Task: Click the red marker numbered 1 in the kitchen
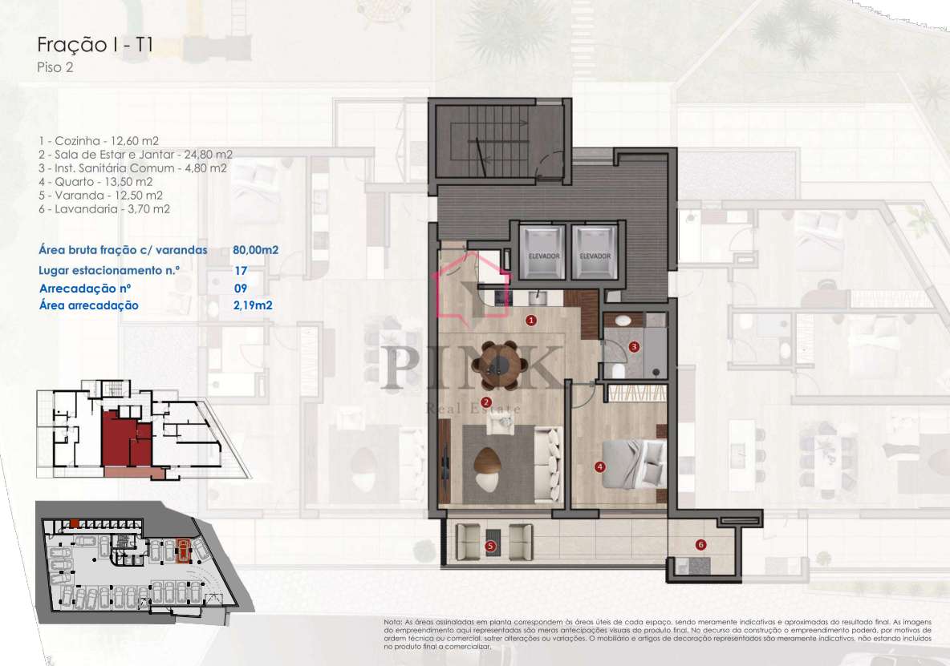click(x=530, y=320)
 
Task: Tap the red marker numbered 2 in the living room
click(x=485, y=402)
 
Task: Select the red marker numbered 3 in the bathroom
click(x=634, y=347)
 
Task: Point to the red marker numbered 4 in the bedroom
click(x=599, y=466)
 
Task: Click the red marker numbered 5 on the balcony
click(x=491, y=547)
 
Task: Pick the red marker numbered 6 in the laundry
click(x=700, y=545)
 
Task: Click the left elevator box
click(x=543, y=251)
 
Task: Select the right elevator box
click(x=595, y=251)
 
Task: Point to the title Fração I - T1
click(x=95, y=45)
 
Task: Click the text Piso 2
click(x=55, y=68)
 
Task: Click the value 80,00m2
click(x=255, y=250)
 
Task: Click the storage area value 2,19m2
click(x=253, y=305)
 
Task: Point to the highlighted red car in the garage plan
click(x=183, y=551)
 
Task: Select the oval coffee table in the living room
click(x=488, y=463)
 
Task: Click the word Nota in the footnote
click(x=392, y=622)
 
